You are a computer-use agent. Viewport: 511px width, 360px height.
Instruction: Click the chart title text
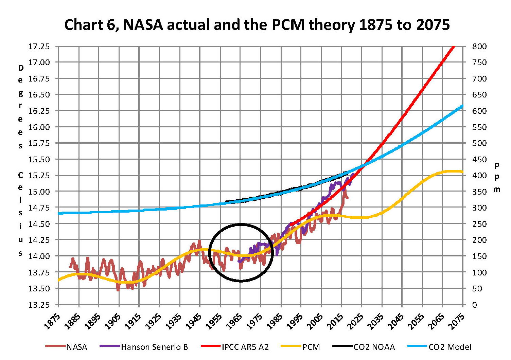[257, 25]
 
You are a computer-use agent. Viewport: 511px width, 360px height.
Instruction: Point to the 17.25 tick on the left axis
[39, 46]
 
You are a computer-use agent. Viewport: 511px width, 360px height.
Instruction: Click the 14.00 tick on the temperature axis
[39, 256]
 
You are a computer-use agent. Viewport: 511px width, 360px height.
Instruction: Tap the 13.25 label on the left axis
[39, 305]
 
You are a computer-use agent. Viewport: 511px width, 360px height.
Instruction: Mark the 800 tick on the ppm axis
[479, 46]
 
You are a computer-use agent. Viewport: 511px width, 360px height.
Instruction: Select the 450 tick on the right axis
[479, 159]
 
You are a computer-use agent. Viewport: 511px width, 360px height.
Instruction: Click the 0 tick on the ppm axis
[475, 305]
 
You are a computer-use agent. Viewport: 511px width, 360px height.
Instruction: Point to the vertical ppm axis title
[497, 177]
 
